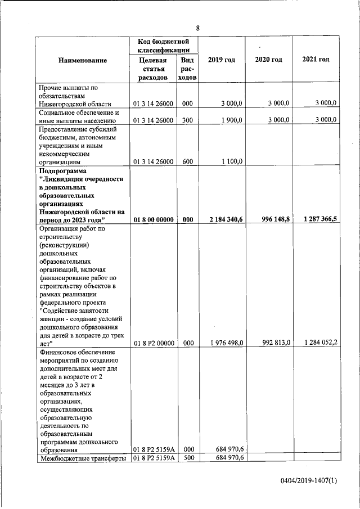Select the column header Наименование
[82, 60]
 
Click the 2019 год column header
[222, 60]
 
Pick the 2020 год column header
[269, 60]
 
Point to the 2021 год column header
[316, 60]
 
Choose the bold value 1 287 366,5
[319, 220]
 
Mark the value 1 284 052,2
[319, 343]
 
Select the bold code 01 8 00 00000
[154, 220]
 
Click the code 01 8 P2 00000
[154, 343]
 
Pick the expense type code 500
[187, 458]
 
